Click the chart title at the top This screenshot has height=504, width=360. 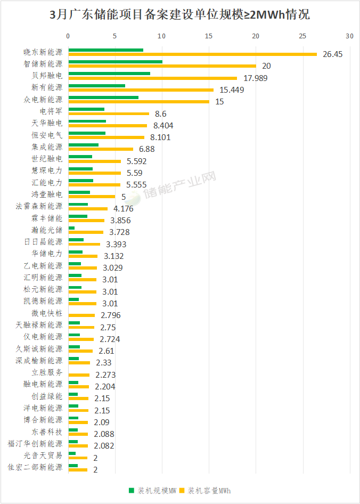(x=179, y=15)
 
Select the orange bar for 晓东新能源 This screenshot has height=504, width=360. (x=192, y=54)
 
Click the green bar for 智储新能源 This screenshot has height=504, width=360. (x=115, y=62)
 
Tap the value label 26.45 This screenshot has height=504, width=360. (x=333, y=54)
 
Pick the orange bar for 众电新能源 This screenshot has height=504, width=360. (x=138, y=101)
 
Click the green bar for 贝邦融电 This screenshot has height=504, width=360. (x=109, y=74)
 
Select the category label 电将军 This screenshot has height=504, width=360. (x=51, y=111)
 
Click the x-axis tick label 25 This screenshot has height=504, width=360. (x=302, y=36)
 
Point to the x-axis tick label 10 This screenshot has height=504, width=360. (x=161, y=36)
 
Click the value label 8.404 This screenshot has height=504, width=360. (x=163, y=126)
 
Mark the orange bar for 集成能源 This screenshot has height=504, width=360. (x=101, y=149)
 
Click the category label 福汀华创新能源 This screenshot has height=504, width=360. (x=35, y=444)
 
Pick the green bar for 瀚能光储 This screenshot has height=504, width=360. (x=71, y=228)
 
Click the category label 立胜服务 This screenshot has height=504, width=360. (x=47, y=372)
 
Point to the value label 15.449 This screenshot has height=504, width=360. (x=232, y=90)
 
